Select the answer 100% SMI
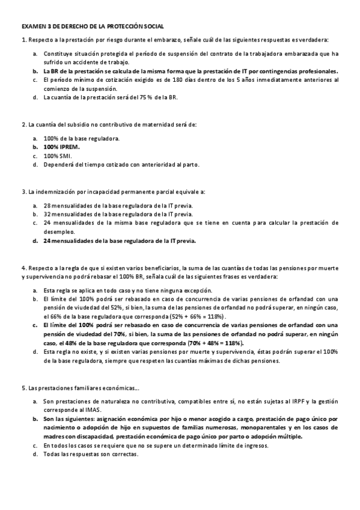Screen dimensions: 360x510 tap(58, 155)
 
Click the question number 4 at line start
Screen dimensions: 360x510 tap(23, 268)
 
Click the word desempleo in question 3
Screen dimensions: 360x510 tap(59, 231)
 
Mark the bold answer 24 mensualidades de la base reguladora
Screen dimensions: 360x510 tap(120, 241)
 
